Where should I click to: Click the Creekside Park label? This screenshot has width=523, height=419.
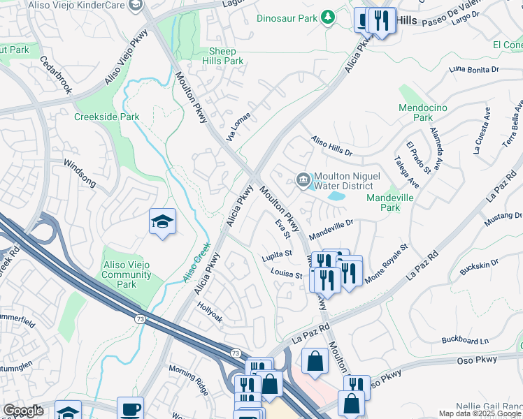(107, 117)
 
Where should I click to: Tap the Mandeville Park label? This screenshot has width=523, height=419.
(392, 203)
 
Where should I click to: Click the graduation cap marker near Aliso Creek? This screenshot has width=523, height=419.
(162, 222)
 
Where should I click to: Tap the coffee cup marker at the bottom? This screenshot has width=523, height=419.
(129, 408)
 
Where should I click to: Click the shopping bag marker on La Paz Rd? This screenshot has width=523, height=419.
(315, 362)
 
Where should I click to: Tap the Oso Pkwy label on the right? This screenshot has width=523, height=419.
(478, 360)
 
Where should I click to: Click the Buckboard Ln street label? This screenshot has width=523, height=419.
(465, 341)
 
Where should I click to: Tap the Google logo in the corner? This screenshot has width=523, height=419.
(24, 411)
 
